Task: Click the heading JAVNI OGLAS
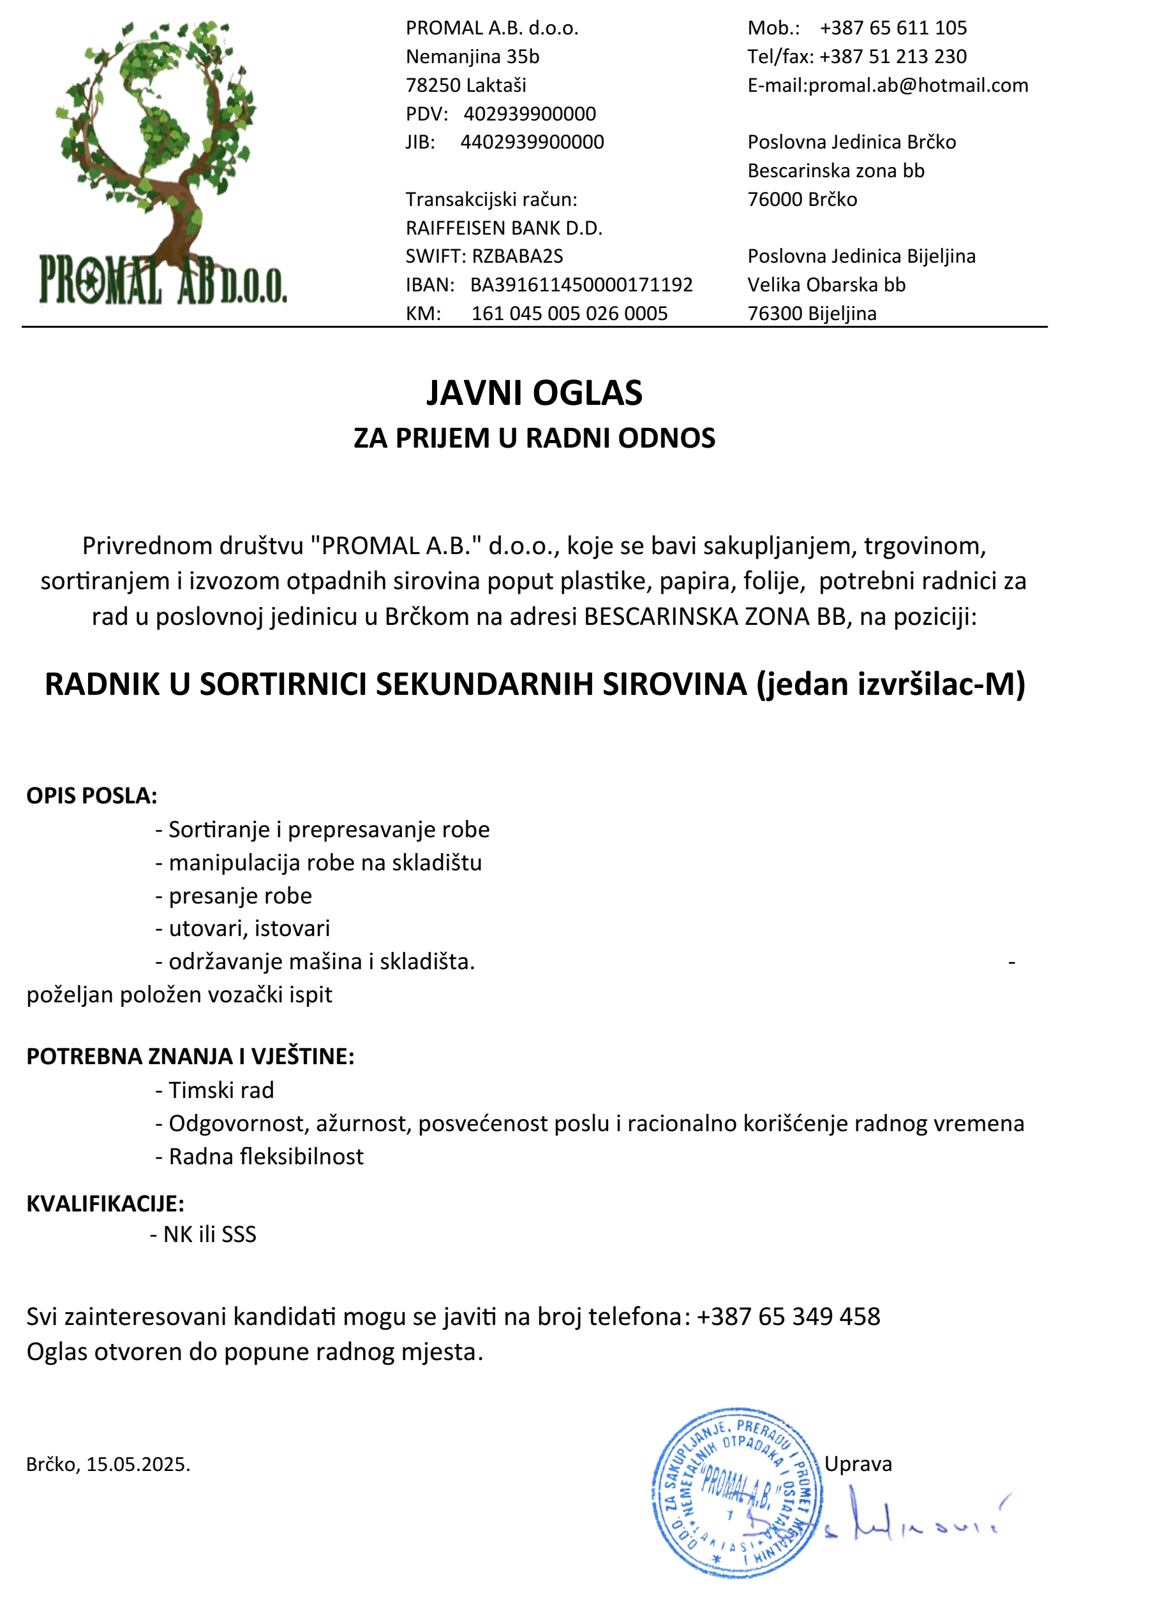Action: pos(534,393)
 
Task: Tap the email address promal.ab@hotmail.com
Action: pos(918,85)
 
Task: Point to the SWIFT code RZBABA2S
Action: pos(517,256)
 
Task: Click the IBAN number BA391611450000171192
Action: pos(581,285)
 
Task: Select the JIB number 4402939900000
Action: pos(532,142)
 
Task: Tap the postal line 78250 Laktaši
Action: pos(466,85)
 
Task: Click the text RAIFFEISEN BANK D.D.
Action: pos(503,228)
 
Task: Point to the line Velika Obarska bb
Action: pos(826,285)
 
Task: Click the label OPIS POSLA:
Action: pos(92,795)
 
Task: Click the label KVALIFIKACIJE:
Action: pos(105,1203)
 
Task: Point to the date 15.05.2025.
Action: pos(138,1464)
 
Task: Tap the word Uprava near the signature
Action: pos(858,1463)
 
